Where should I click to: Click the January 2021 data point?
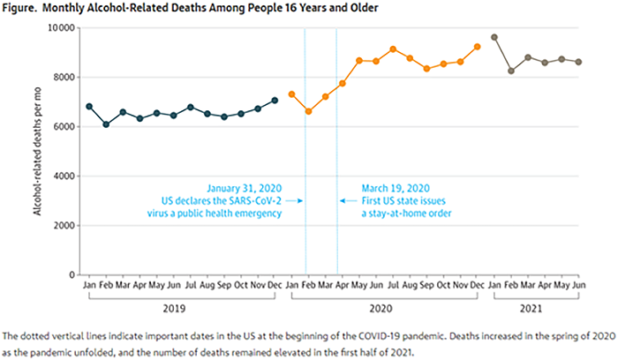pos(494,37)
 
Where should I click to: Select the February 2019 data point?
pos(106,124)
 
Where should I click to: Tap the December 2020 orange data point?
pos(477,47)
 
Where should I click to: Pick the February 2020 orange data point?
pos(308,111)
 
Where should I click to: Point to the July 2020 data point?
pos(393,49)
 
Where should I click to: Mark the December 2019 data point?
pos(275,100)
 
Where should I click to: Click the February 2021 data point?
pos(511,71)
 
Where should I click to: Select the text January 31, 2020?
pos(245,188)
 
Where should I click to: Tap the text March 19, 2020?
pos(396,188)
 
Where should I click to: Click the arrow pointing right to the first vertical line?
pos(298,201)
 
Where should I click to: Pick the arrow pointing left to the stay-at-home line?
pos(346,201)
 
